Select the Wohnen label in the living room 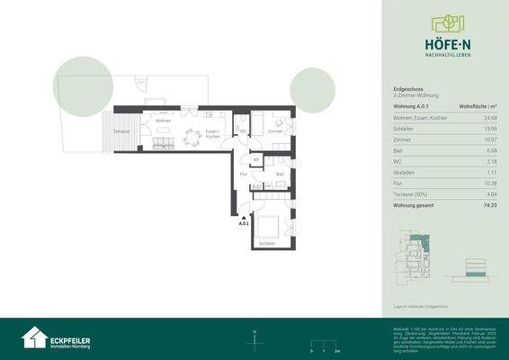[163, 121]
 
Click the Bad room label [280, 174]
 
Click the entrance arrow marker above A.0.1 [243, 216]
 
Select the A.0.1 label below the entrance [243, 223]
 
